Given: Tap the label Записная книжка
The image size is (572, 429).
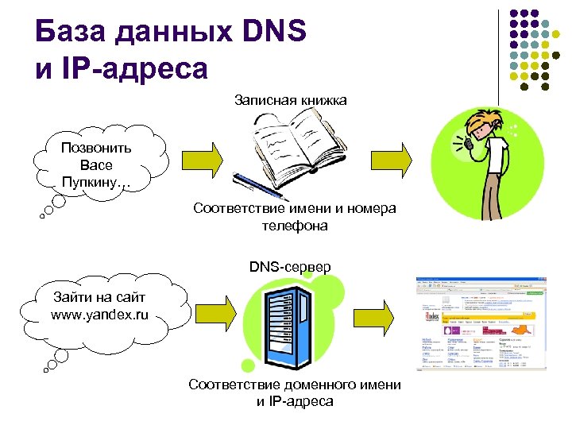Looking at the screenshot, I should [x=291, y=99].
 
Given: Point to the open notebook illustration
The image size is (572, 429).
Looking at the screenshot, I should [x=299, y=144].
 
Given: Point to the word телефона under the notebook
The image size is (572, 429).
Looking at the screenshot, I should [x=295, y=226].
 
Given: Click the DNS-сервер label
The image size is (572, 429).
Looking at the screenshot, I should [x=291, y=265].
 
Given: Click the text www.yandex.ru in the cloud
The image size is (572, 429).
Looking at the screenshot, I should [x=99, y=315].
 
